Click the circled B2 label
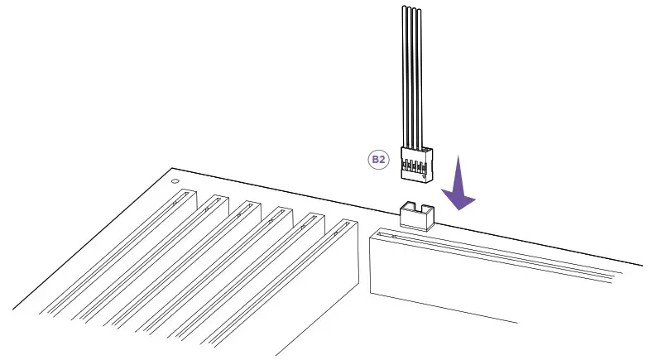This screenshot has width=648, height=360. [377, 159]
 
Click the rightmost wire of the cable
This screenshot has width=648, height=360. [422, 74]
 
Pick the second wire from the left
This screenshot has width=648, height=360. [410, 74]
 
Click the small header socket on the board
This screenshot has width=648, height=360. [417, 216]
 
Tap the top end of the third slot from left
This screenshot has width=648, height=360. [246, 207]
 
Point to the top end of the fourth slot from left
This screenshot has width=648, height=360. [278, 213]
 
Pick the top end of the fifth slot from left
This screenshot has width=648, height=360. [311, 218]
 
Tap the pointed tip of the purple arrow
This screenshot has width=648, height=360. [458, 208]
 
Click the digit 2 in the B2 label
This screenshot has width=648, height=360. [382, 159]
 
